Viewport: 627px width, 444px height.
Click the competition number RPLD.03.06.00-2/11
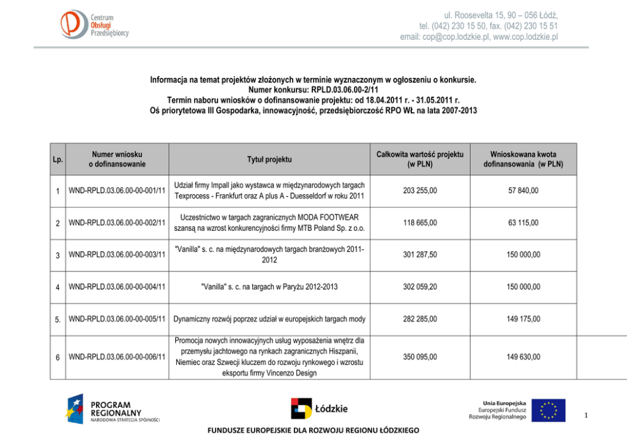344,90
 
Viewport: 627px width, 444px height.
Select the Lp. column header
58,159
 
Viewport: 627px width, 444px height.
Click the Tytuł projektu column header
269,159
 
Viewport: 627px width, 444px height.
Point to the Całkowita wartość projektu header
420,159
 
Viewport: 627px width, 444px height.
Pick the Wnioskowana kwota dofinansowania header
523,159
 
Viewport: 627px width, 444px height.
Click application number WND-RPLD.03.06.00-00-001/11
117,190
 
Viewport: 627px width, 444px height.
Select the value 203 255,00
420,190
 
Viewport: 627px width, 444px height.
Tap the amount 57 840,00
523,190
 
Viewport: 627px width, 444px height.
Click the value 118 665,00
420,223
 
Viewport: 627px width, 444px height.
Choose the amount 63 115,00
523,223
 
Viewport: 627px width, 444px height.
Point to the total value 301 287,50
420,255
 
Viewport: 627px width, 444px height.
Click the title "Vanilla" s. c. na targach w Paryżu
269,287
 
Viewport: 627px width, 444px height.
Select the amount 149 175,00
523,319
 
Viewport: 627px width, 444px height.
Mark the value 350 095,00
420,357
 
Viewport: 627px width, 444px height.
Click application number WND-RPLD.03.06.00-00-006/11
117,357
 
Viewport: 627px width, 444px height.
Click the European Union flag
548,410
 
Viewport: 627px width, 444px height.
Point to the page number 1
587,416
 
